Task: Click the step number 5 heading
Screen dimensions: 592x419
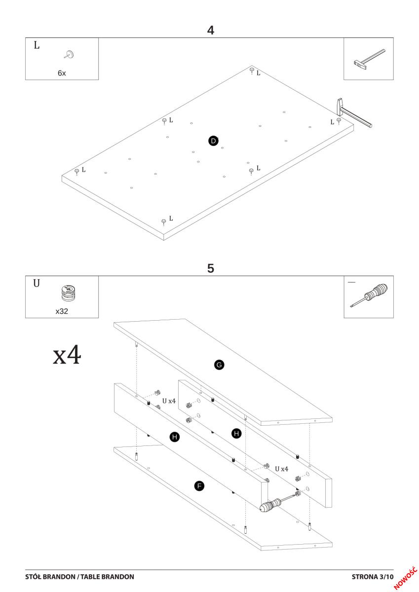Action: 210,269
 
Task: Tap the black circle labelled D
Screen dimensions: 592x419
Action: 213,141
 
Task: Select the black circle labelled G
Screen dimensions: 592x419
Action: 219,365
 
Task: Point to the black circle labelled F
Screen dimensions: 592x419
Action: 199,486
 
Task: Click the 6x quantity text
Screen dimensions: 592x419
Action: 62,73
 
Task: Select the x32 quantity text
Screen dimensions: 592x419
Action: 62,312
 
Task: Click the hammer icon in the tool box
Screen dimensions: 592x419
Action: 369,58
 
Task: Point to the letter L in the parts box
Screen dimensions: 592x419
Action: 37,46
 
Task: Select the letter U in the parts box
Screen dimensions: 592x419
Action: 37,285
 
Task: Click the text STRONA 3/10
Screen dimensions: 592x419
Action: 373,576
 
